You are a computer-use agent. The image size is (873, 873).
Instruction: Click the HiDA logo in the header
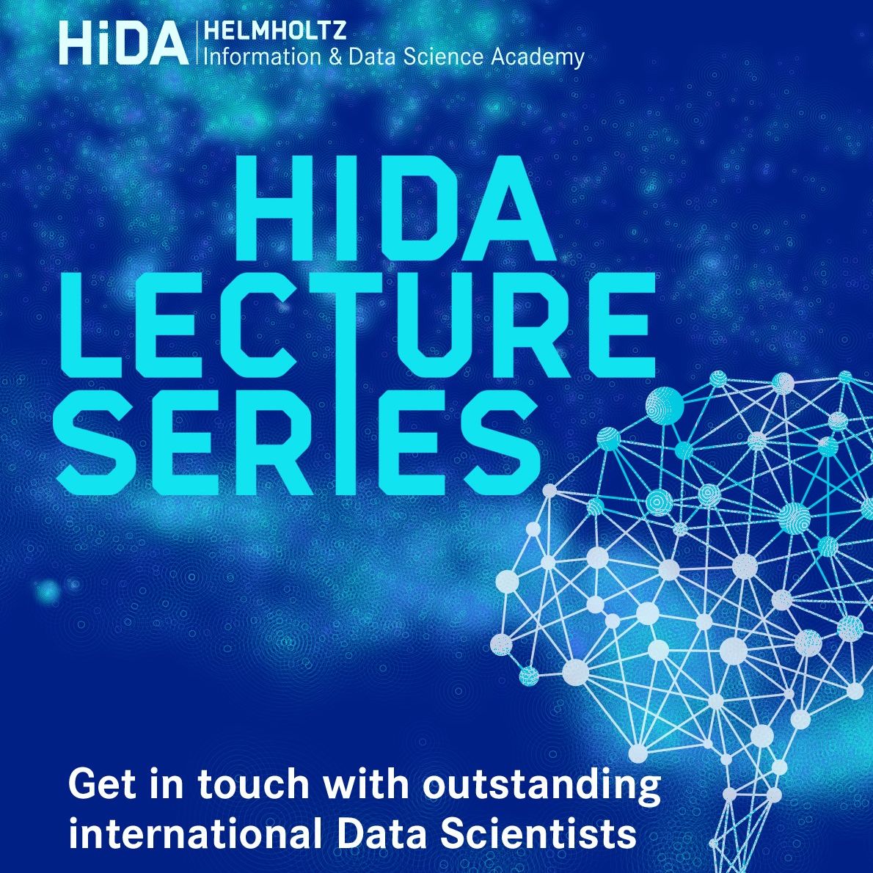pos(123,43)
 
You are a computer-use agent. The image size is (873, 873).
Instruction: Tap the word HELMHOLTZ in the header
pos(275,30)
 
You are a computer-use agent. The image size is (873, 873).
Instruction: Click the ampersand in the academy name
pos(335,56)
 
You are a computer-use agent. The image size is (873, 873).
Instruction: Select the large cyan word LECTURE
pos(357,325)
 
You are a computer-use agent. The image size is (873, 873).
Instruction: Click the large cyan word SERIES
pos(297,441)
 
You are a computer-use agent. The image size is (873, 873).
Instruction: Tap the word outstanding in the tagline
pos(541,785)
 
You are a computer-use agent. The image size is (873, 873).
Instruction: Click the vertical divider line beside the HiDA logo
pos(197,43)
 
